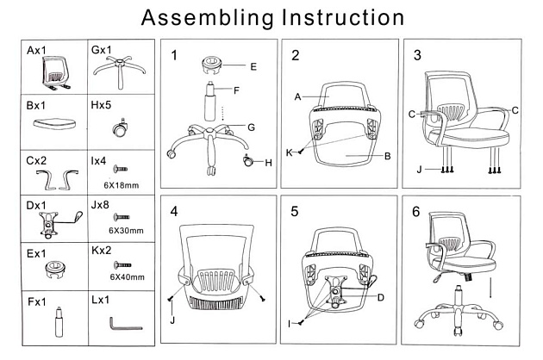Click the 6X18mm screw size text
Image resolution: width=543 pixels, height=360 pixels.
click(121, 185)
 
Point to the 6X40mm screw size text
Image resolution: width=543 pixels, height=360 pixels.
click(126, 276)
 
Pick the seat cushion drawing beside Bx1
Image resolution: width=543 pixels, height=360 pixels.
click(53, 124)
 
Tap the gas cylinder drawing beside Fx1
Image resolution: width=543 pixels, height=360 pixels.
click(59, 326)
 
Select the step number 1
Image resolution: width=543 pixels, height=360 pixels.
click(174, 56)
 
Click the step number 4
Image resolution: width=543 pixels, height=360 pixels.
click(174, 211)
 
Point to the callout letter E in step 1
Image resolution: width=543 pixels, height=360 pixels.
click(253, 66)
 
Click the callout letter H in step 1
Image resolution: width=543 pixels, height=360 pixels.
click(268, 163)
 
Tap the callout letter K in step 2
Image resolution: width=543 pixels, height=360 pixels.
click(290, 152)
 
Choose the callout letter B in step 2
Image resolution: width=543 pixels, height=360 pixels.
click(388, 157)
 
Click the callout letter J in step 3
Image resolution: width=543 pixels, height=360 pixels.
click(420, 169)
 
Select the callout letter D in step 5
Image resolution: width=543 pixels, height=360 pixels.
click(380, 298)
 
